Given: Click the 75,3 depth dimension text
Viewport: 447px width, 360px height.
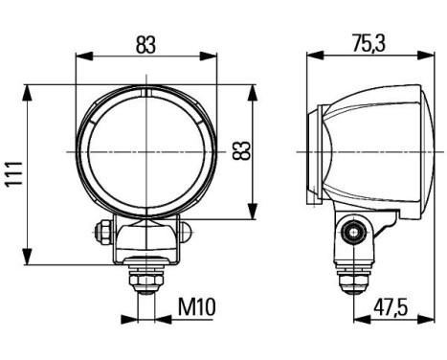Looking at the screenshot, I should [367, 45].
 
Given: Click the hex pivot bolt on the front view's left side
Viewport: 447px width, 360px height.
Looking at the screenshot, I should [100, 231].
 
